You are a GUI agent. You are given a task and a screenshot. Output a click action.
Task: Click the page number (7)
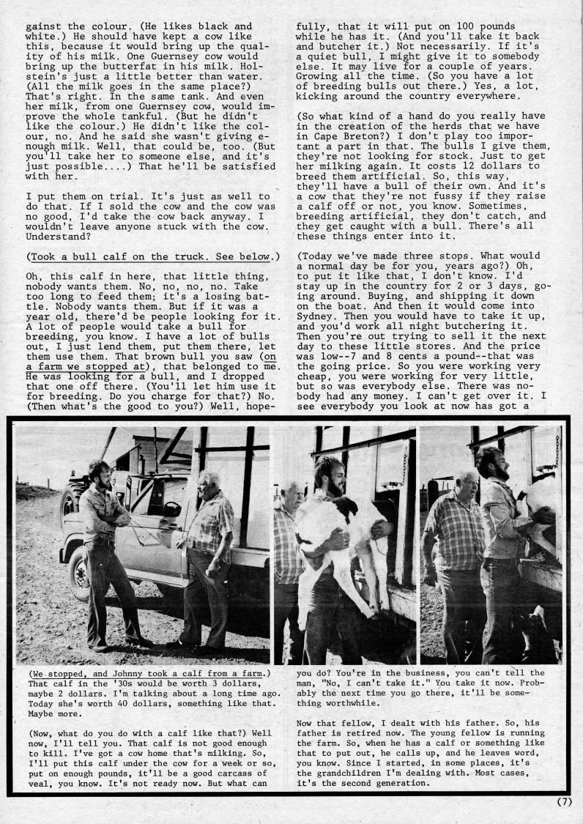tap(563, 801)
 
